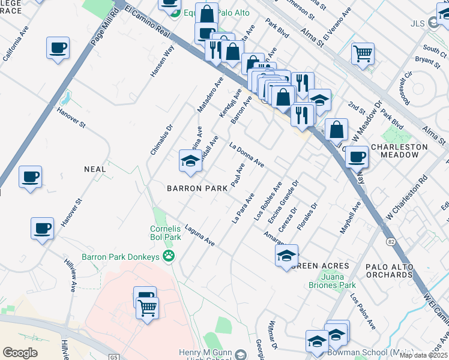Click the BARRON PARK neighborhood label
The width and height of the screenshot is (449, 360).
tap(197, 188)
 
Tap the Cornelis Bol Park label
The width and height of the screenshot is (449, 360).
tap(165, 233)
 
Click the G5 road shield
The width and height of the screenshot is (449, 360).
tap(115, 357)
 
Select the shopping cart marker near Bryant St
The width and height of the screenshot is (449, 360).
tap(363, 54)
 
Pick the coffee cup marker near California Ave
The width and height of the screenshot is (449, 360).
tap(58, 48)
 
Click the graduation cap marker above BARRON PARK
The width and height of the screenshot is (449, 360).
tap(190, 161)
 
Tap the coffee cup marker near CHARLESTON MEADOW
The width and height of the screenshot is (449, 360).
tap(357, 157)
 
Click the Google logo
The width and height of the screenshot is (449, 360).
tap(20, 353)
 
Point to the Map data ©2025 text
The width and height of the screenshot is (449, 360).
tap(423, 355)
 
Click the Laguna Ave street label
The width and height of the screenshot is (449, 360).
tap(200, 235)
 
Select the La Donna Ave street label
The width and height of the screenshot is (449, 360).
tap(247, 154)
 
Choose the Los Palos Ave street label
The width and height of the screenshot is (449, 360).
tap(363, 312)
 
